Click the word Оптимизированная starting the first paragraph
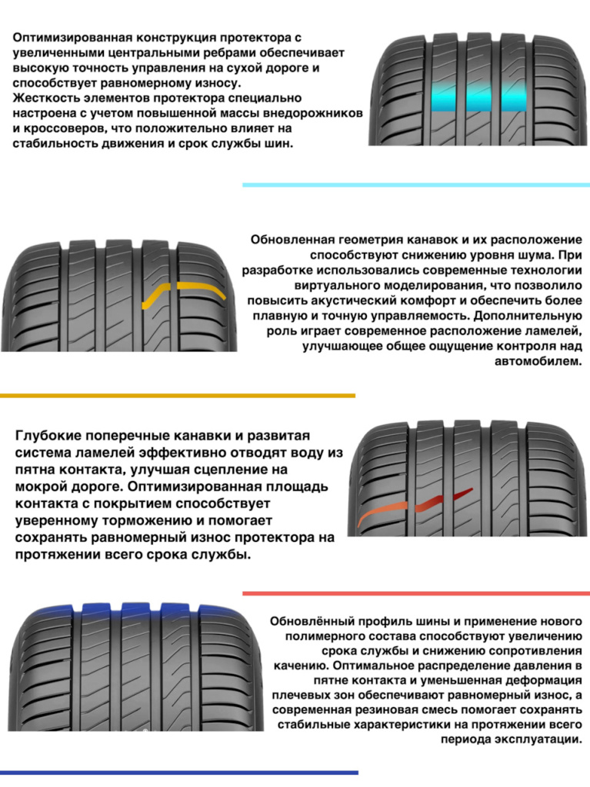[x=73, y=38]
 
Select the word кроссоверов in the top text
[x=63, y=128]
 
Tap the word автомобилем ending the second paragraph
[x=538, y=361]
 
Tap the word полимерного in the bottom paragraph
[x=325, y=636]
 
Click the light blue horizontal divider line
[x=416, y=185]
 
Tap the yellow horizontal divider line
[x=178, y=396]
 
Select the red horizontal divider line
[x=416, y=593]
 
